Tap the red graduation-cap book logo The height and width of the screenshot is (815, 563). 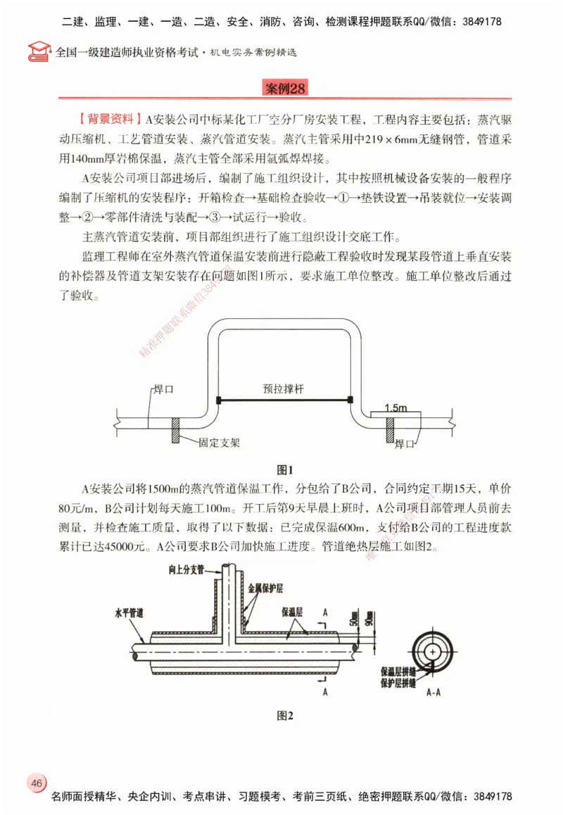pos(39,51)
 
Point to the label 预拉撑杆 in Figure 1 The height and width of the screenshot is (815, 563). pos(284,387)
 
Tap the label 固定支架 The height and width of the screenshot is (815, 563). pos(219,443)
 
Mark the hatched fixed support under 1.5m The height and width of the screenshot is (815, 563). pos(389,429)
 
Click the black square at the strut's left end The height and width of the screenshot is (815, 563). pos(219,400)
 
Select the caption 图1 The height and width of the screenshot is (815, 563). pos(284,469)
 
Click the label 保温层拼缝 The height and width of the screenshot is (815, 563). pos(399,671)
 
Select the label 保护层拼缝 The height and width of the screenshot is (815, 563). pos(399,683)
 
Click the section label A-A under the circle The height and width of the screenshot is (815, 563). pos(434,693)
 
